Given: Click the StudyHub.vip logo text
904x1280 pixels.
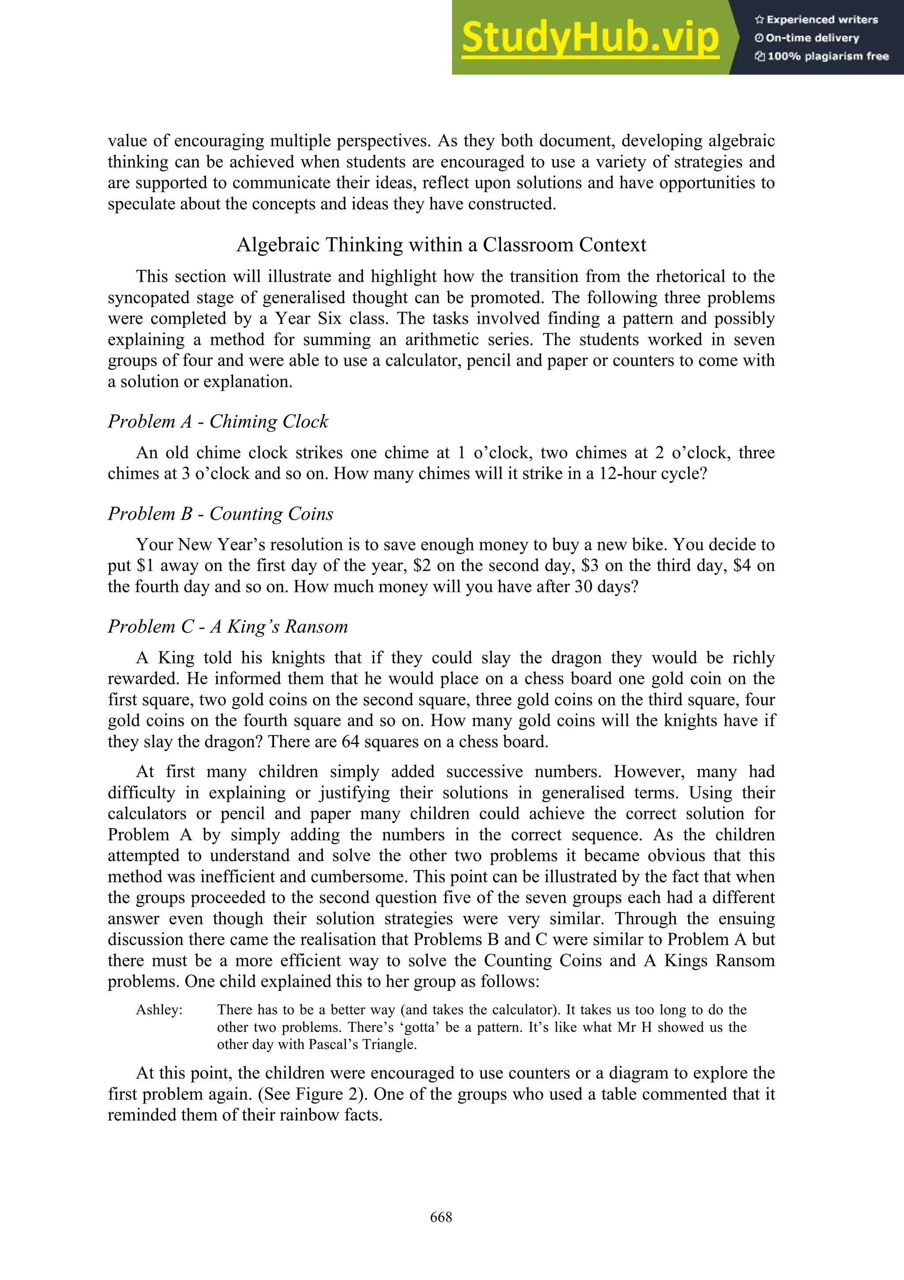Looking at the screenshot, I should point(591,38).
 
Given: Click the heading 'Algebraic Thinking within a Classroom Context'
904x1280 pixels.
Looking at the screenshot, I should point(441,245).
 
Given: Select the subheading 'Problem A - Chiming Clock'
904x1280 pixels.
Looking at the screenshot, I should point(218,422).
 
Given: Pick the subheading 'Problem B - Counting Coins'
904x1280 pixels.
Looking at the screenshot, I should point(221,513).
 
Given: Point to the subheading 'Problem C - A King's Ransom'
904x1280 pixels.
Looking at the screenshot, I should point(228,627).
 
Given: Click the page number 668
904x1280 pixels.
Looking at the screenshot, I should point(441,1217).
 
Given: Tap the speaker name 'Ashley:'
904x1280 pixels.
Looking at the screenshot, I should point(159,1010).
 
